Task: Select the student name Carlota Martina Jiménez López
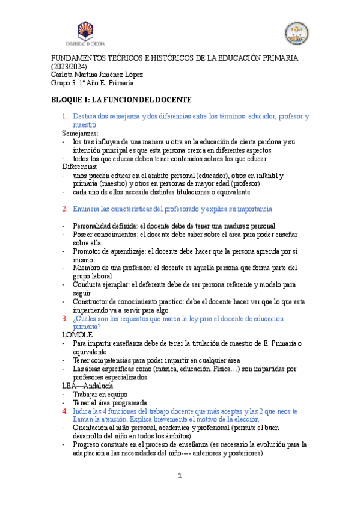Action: coord(101,75)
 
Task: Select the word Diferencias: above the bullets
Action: coord(81,167)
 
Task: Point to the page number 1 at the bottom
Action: coord(180,476)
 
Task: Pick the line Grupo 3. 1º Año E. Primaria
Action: coord(96,83)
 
